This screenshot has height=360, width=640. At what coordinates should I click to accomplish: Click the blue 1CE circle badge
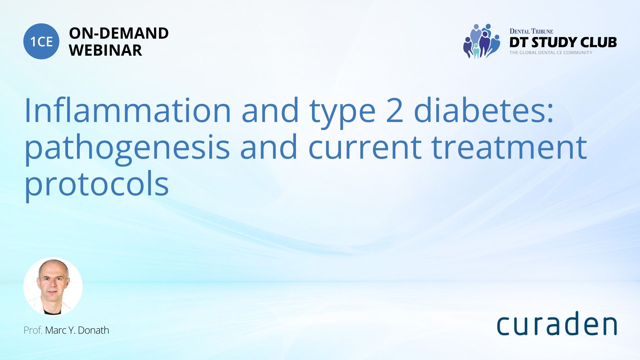[x=41, y=41]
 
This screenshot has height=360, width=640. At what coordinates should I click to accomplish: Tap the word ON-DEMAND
[x=119, y=33]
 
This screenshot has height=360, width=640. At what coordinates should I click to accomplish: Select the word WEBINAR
[x=105, y=50]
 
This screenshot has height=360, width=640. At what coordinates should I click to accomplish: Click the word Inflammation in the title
[x=128, y=110]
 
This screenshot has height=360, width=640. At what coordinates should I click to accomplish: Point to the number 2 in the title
[x=395, y=111]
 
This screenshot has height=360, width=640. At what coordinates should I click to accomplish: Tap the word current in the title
[x=365, y=148]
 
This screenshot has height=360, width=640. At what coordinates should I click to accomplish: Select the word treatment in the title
[x=509, y=147]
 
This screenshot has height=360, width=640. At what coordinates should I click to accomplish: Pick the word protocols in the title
[x=97, y=184]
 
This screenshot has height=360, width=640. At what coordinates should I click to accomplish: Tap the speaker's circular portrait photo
[x=53, y=286]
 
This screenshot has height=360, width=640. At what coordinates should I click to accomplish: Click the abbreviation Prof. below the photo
[x=33, y=330]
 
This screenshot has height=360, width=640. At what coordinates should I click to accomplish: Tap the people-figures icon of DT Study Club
[x=482, y=41]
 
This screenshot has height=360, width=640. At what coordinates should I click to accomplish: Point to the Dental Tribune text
[x=531, y=31]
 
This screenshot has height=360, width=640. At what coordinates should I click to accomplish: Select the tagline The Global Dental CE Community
[x=551, y=53]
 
